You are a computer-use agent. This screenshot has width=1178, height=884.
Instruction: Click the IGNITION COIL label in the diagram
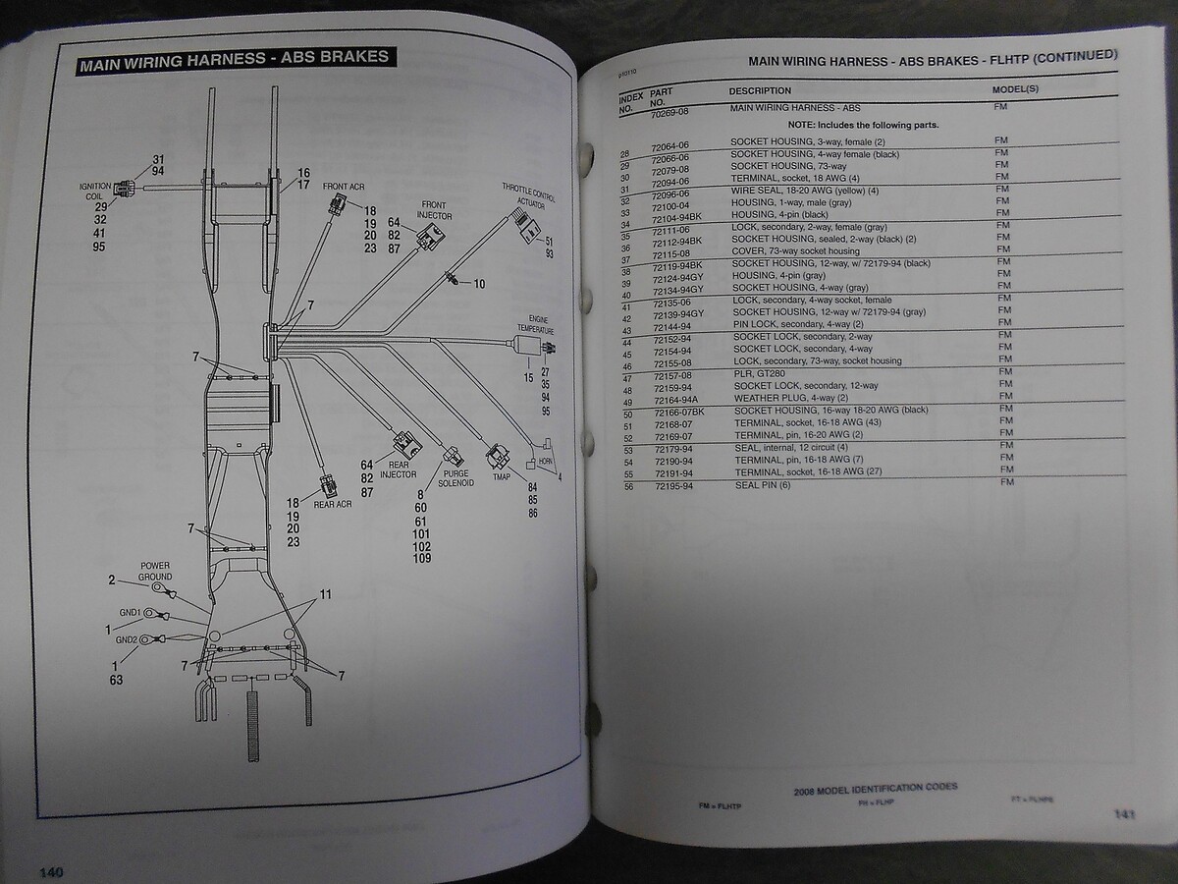98,190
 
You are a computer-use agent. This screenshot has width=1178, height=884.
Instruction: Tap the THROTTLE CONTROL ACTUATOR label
527,193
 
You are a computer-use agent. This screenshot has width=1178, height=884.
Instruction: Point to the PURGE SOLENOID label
457,478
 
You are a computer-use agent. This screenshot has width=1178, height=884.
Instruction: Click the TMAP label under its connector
501,477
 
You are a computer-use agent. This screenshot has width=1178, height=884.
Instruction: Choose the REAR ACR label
333,505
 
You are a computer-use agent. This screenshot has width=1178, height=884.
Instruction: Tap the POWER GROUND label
155,572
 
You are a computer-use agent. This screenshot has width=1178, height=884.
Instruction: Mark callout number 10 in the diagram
479,284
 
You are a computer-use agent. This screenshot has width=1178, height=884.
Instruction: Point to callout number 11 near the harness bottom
325,595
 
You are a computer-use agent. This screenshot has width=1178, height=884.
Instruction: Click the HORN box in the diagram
541,459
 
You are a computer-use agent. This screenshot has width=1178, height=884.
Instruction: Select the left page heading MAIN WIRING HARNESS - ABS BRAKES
235,58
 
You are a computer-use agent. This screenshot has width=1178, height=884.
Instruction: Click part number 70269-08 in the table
670,113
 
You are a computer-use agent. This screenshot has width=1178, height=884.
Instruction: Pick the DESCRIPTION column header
760,90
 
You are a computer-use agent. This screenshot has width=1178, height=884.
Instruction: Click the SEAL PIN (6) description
761,485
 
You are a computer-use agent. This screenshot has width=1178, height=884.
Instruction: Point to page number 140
50,871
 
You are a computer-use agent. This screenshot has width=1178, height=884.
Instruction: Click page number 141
1124,814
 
